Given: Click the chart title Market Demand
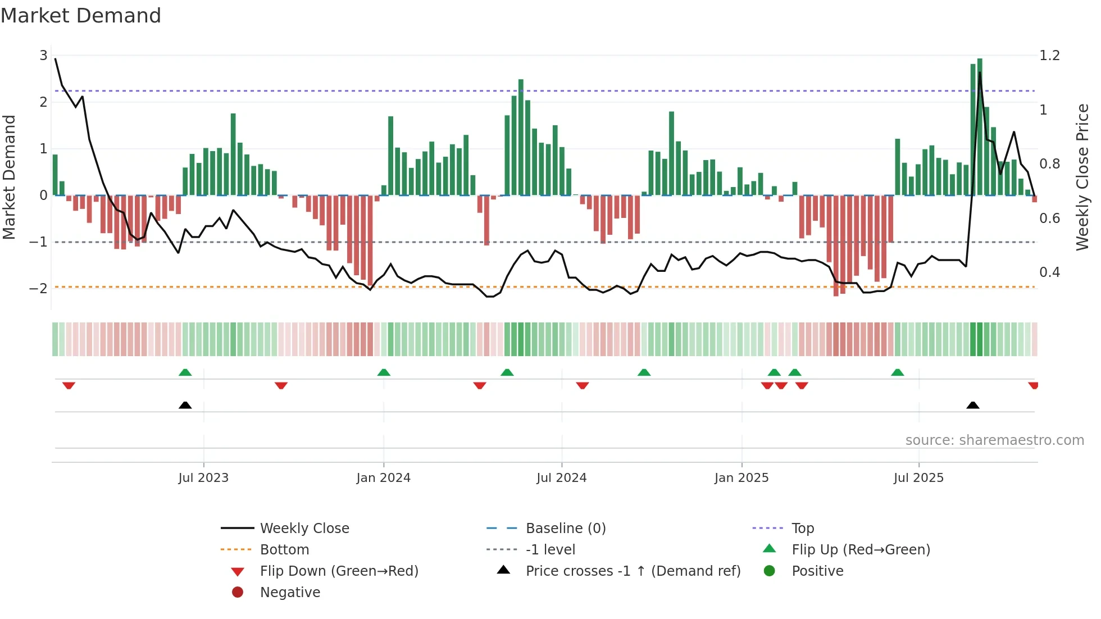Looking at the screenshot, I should tap(81, 16).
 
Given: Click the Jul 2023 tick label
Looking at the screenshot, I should tap(203, 478).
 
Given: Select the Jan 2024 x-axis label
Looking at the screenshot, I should tap(383, 478).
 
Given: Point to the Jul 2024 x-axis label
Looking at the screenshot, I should tap(561, 478).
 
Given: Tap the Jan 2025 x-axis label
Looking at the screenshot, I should tap(741, 478).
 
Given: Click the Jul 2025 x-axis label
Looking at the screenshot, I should tap(918, 478).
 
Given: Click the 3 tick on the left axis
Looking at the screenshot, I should tap(43, 56).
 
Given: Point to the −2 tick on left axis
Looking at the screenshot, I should tap(39, 289).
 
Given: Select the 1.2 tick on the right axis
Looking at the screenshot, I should tap(1049, 56).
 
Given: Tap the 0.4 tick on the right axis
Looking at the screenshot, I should tap(1049, 272).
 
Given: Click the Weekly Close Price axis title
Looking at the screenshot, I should tap(1082, 177).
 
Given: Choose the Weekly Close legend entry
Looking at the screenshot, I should tap(304, 529).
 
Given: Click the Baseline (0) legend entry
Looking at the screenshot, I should tap(565, 529).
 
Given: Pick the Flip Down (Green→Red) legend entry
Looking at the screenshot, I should tap(339, 571).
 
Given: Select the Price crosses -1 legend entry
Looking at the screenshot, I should tap(633, 571).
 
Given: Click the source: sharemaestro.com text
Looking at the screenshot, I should tap(994, 440).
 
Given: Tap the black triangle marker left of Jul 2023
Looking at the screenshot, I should tap(185, 405).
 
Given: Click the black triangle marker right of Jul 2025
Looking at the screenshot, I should tap(973, 405).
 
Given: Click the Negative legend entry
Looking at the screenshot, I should tap(290, 593).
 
